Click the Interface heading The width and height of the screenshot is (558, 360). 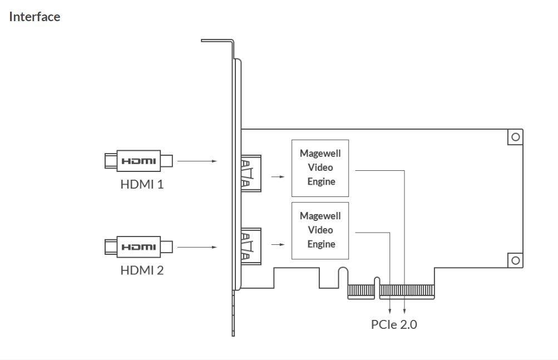[34, 17]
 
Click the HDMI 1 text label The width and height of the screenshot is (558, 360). [142, 184]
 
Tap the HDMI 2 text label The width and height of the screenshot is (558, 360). [142, 270]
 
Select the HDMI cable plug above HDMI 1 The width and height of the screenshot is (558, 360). [139, 161]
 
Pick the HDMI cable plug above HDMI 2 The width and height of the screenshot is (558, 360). [139, 247]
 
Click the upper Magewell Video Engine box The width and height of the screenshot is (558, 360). [320, 168]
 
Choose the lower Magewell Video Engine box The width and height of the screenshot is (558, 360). [320, 230]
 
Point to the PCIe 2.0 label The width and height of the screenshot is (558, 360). [394, 324]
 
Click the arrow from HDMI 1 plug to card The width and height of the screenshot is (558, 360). [197, 161]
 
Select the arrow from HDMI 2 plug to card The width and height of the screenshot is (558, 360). [197, 247]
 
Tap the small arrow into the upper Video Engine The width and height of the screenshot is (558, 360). [278, 176]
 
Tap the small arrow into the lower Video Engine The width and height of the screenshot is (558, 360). [278, 244]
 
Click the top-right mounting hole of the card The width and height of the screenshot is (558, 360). [516, 137]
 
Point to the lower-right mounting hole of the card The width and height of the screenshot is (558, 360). [516, 260]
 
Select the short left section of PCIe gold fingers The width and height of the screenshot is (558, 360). [361, 290]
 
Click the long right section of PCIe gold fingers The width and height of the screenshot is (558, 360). [407, 290]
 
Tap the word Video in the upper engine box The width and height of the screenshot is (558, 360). [320, 167]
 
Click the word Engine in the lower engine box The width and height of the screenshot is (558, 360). [321, 244]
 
